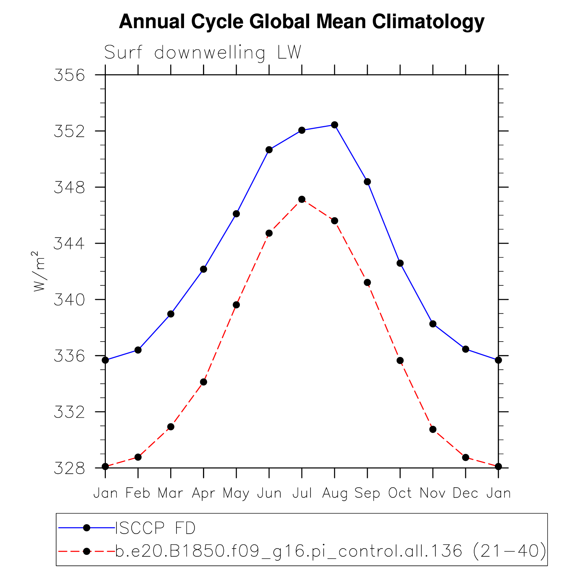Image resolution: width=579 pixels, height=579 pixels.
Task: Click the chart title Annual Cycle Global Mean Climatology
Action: point(302,22)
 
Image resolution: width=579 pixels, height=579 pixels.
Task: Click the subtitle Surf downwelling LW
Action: point(203,53)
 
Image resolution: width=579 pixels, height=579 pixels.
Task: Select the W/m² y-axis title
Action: point(39,271)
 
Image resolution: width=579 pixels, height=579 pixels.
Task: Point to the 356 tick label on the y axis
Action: point(69,75)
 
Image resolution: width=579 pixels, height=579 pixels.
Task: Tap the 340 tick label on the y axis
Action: point(69,300)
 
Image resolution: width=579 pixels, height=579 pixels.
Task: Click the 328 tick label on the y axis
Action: point(69,468)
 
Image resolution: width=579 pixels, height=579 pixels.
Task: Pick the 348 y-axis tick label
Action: point(69,187)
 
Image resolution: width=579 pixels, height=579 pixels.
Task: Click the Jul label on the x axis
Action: point(302,493)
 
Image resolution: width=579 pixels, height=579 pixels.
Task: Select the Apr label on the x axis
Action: point(203,493)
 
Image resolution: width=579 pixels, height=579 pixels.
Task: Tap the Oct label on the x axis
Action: point(400,493)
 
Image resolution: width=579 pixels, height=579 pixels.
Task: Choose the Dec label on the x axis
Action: point(465,493)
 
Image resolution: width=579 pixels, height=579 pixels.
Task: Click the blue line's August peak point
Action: point(334,125)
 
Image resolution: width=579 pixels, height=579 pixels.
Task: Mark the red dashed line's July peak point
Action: point(302,199)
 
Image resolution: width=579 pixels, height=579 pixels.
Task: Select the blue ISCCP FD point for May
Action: point(236,214)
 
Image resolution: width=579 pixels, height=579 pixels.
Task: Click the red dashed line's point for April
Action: point(203,382)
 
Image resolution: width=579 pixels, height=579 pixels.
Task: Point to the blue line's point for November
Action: point(433,324)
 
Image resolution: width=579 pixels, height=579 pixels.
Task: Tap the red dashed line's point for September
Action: point(367,283)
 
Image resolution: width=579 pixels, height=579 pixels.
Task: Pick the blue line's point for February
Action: point(138,350)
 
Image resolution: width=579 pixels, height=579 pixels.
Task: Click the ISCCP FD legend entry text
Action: point(155,528)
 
